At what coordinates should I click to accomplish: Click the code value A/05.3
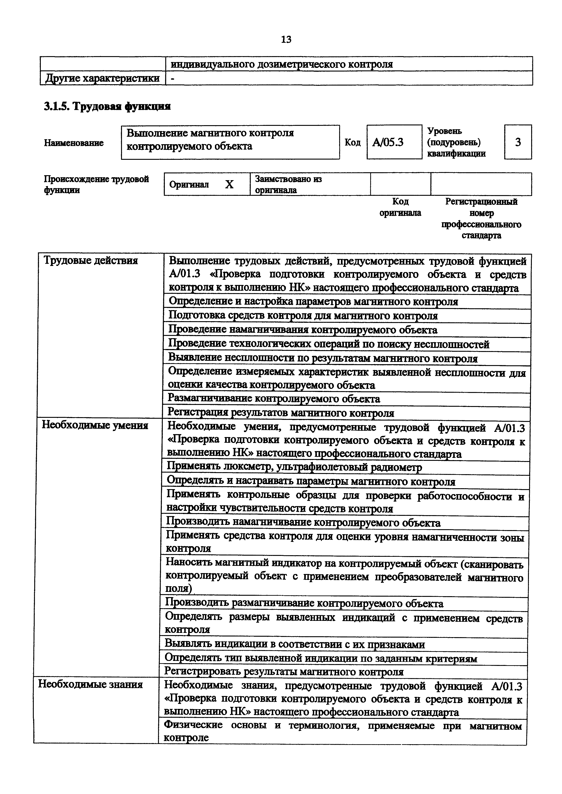388,142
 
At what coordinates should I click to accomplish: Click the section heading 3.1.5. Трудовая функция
107,106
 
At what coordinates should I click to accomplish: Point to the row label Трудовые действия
91,260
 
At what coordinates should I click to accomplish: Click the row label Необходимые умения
95,425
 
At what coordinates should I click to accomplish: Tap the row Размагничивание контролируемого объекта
274,399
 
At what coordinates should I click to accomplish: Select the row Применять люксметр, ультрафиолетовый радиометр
294,468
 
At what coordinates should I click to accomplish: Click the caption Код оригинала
400,207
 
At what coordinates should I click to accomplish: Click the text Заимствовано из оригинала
288,184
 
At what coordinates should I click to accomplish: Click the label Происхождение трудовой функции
96,184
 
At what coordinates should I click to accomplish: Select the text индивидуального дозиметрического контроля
282,64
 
